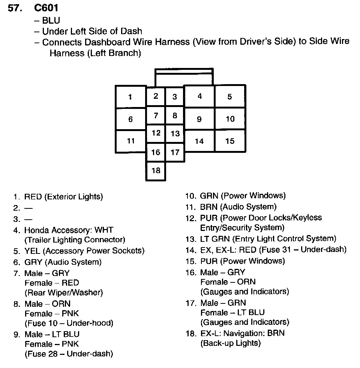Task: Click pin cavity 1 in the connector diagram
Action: point(130,97)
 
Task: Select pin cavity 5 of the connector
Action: point(229,97)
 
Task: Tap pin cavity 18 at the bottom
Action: point(156,171)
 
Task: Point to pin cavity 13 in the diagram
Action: point(175,134)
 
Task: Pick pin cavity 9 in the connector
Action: point(199,119)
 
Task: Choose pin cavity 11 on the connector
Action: point(130,141)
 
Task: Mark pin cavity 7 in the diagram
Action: point(156,116)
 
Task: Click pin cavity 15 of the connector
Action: point(230,141)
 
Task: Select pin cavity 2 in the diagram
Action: point(156,96)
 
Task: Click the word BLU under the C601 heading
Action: point(51,21)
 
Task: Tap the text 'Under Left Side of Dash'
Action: point(92,31)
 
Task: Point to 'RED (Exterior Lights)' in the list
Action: point(63,196)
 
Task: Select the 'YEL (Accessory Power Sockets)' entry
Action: point(84,251)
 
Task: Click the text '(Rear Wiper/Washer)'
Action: point(63,292)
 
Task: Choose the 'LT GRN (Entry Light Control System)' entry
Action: point(268,239)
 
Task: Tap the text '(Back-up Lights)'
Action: point(230,343)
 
